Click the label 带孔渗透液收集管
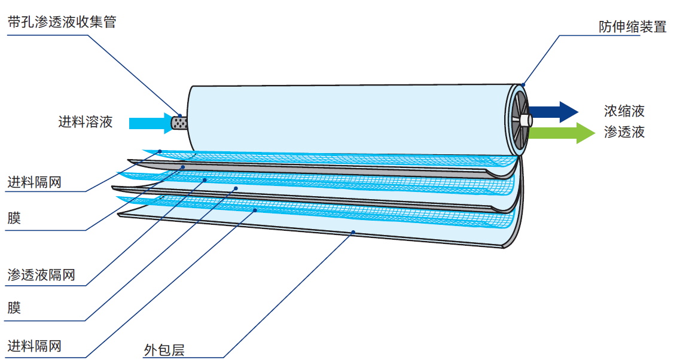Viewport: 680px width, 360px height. [62, 22]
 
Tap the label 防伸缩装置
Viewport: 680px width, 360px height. [632, 27]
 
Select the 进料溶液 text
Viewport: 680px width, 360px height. [86, 122]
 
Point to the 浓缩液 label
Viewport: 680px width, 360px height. [624, 111]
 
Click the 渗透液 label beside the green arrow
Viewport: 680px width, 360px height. [624, 132]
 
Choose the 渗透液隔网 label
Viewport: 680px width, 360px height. [41, 275]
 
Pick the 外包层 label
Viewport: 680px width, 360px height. [164, 350]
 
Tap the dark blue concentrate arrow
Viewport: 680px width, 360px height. [553, 112]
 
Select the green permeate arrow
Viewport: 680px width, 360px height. [562, 133]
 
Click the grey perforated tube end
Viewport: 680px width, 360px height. [179, 123]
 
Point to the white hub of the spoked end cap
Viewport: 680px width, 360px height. [526, 120]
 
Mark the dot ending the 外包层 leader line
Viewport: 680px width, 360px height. [353, 233]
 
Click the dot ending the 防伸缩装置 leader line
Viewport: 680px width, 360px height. [523, 85]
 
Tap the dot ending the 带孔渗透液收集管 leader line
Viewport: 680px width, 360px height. [181, 116]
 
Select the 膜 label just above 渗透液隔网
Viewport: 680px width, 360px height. [14, 218]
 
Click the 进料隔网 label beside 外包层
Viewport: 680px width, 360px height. [34, 346]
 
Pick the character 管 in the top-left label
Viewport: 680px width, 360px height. [109, 22]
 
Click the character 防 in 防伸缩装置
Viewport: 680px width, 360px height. [606, 27]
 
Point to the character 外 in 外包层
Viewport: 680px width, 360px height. [151, 350]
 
